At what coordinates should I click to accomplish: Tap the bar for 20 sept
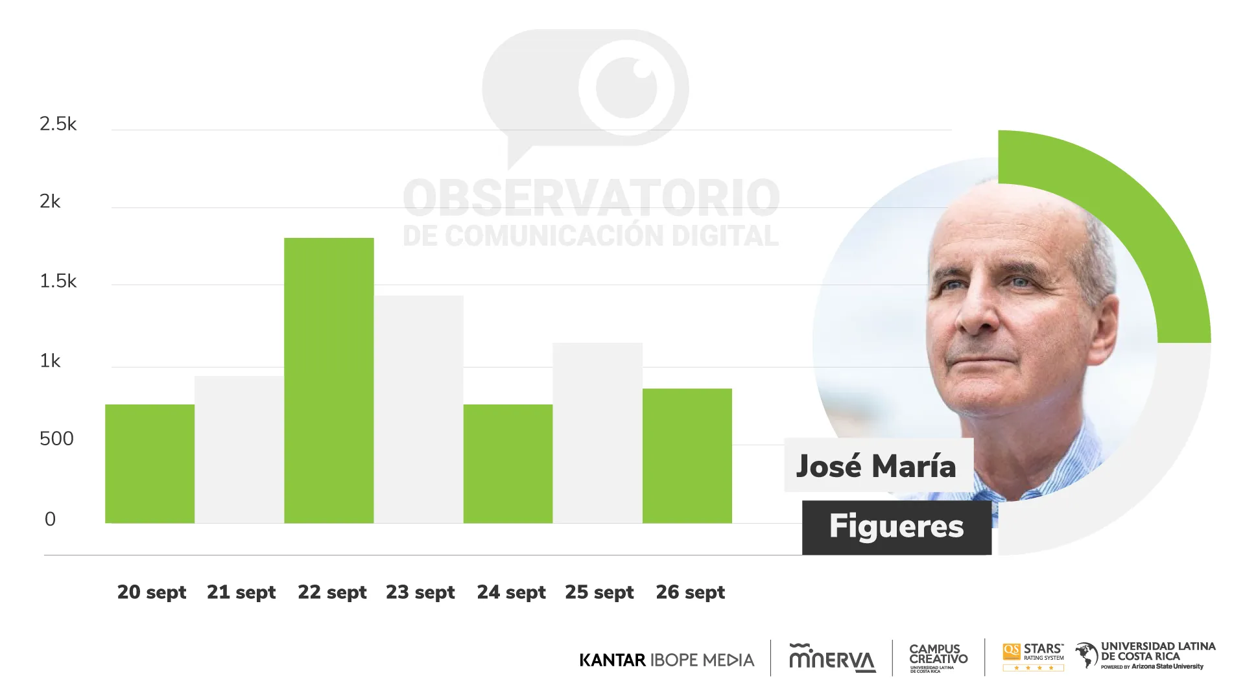point(150,463)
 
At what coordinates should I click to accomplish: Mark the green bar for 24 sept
point(508,463)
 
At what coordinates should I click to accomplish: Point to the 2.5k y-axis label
point(58,124)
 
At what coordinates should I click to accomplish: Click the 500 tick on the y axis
point(56,439)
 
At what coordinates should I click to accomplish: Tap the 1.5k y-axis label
point(58,281)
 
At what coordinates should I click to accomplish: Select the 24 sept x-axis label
point(511,592)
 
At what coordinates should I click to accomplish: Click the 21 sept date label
point(241,592)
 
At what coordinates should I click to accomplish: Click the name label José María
point(877,466)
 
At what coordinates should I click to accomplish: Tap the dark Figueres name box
point(897,527)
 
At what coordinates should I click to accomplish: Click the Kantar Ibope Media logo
point(667,660)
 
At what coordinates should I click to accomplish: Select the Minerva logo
point(832,659)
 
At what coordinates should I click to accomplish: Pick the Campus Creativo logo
point(938,657)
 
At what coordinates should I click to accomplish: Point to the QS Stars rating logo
point(1033,657)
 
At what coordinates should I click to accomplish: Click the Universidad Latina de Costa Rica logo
point(1145,656)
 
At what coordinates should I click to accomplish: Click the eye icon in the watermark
point(627,87)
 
